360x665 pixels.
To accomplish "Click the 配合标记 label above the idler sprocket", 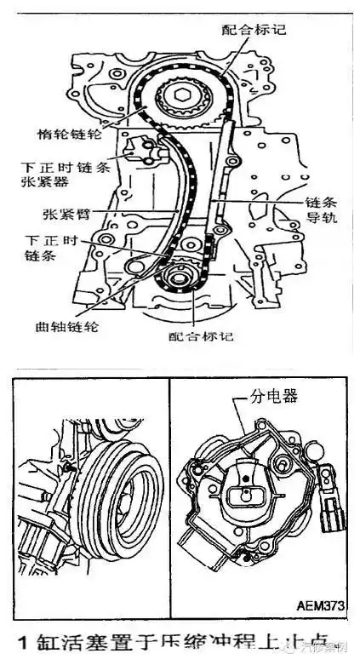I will click(254, 29).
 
